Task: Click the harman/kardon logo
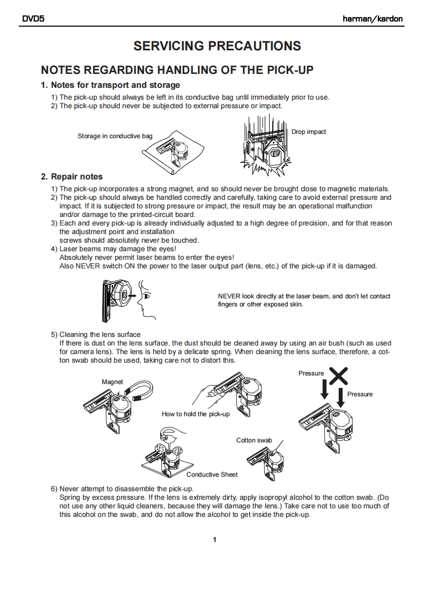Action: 372,19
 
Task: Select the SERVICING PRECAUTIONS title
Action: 217,46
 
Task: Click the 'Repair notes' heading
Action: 72,177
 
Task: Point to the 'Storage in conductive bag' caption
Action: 115,136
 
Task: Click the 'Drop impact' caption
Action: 309,132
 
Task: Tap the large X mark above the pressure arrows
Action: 338,376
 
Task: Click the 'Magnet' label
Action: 113,382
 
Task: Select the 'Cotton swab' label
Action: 254,440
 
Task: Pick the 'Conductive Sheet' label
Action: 212,474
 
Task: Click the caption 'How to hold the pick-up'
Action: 196,414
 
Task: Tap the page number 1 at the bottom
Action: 214,539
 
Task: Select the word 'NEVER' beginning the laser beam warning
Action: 229,296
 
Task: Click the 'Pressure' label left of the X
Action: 311,373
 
